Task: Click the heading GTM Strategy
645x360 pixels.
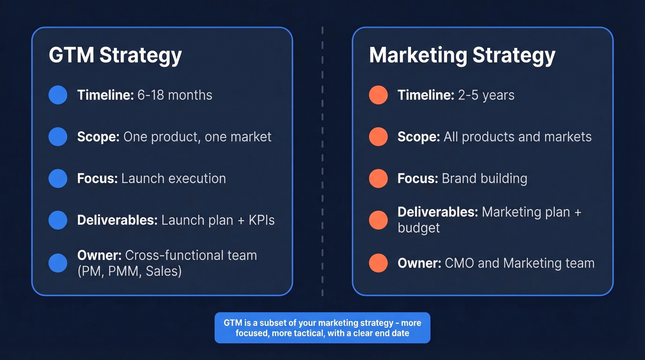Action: [115, 55]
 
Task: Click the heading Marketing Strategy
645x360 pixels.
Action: [462, 55]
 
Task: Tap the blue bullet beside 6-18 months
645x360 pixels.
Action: [58, 95]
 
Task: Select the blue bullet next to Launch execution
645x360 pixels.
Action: [58, 178]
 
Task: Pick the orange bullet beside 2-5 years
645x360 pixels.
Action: [378, 95]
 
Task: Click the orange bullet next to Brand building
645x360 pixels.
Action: [378, 178]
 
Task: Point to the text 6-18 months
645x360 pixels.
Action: [175, 95]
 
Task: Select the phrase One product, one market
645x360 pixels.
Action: [197, 137]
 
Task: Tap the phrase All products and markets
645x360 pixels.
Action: [517, 137]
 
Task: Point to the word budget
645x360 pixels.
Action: [418, 228]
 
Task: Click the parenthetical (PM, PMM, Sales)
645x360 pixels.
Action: [129, 271]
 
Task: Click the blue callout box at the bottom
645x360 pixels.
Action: [322, 328]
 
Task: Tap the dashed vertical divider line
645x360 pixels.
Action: [322, 161]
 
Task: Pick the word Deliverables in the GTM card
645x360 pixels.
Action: [117, 220]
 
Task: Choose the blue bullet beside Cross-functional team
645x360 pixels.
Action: [58, 263]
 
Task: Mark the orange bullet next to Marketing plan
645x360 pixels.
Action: [378, 220]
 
